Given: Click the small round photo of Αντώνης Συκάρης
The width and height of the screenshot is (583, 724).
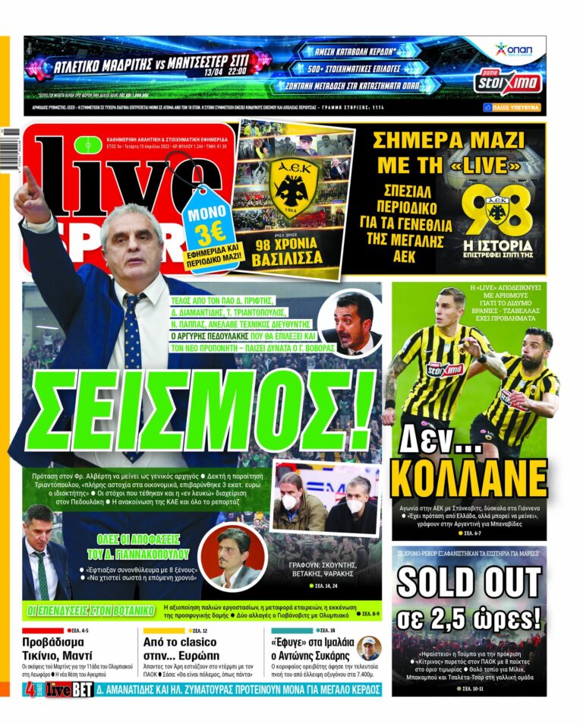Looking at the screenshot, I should tap(369, 648).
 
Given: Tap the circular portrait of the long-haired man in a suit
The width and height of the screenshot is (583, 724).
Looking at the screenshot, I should tap(233, 556).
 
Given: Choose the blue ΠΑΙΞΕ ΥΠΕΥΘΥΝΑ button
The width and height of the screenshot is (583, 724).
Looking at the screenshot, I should tap(512, 108).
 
